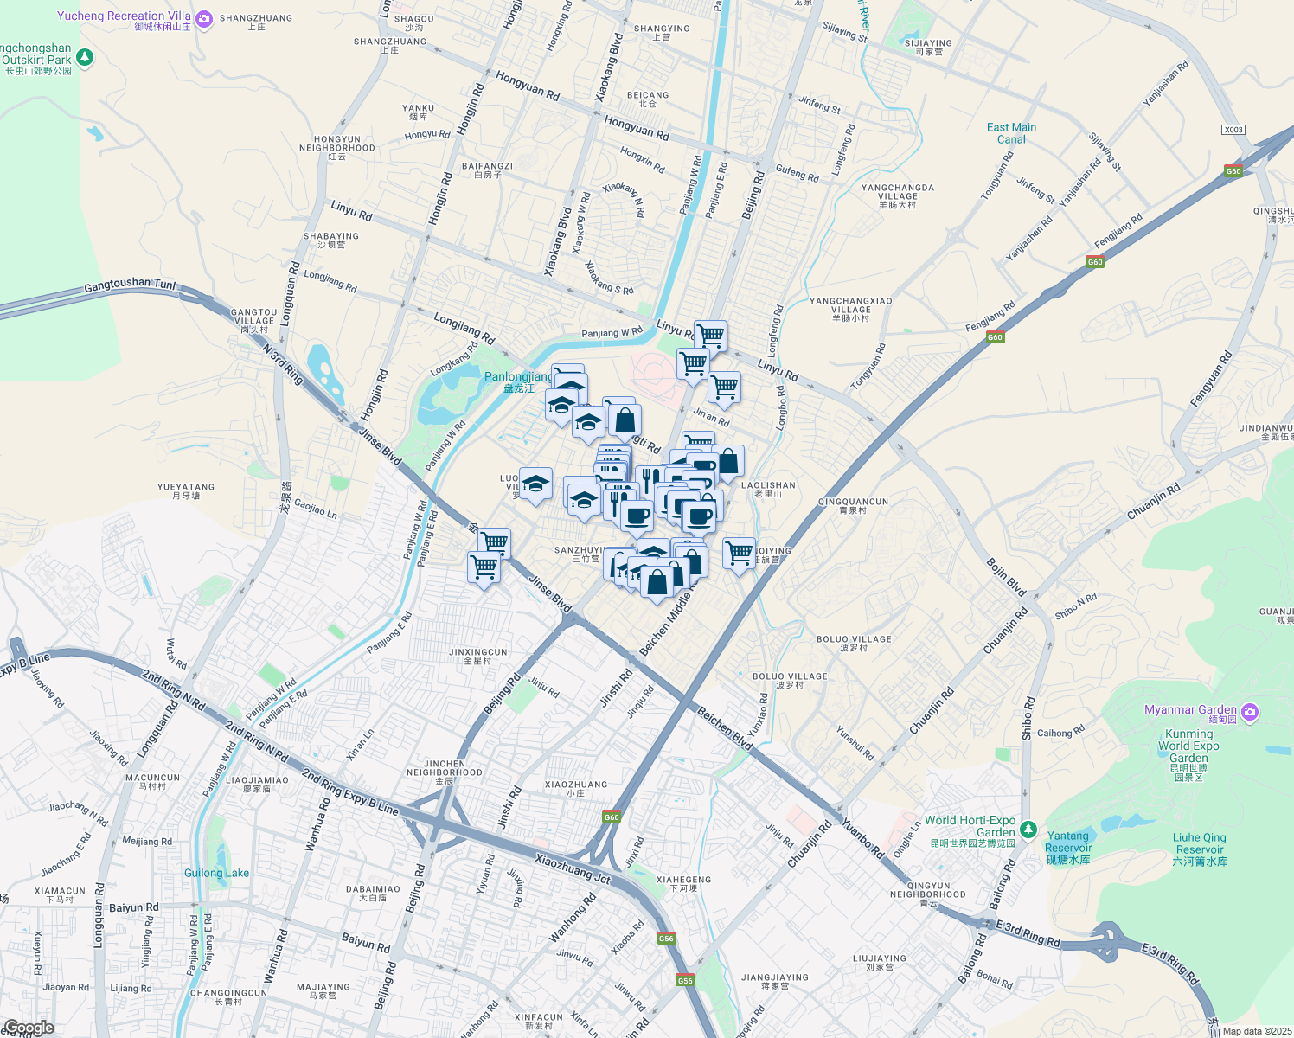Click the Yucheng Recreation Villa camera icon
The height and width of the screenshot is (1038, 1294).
tap(204, 18)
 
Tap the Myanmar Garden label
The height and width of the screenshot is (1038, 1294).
tap(1190, 710)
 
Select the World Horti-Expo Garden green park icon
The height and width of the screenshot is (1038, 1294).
tap(1028, 830)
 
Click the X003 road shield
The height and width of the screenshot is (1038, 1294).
tap(1233, 130)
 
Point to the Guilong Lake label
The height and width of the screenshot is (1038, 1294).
tap(216, 873)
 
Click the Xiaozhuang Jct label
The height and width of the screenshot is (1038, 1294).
tap(573, 869)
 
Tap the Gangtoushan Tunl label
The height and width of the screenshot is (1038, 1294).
tap(130, 285)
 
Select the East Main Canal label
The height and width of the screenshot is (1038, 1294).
tap(1011, 133)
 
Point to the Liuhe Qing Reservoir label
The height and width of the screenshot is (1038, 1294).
tap(1199, 843)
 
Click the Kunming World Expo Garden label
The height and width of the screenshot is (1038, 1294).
tap(1188, 746)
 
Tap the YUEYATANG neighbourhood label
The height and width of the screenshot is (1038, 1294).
tap(186, 487)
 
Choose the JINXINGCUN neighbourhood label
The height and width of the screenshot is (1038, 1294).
tap(478, 653)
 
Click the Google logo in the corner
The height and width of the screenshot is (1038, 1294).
tap(29, 1028)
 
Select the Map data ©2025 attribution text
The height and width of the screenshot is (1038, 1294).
tap(1257, 1031)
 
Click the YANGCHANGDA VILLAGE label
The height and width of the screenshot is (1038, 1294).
tap(897, 192)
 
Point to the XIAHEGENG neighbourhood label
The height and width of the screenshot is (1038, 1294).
tap(683, 880)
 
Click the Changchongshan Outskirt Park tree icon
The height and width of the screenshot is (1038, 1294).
tap(85, 58)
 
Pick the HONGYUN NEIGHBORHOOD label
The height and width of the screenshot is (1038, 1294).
tap(337, 144)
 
